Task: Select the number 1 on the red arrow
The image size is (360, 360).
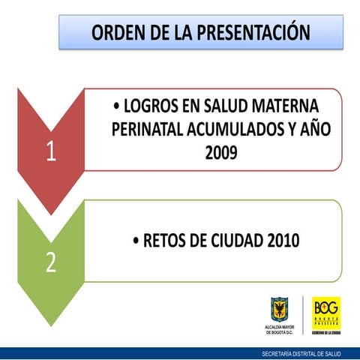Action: [50, 152]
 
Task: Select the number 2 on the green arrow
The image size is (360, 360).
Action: [50, 263]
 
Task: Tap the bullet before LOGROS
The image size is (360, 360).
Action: [113, 106]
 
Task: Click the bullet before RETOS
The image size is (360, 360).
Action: [136, 241]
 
